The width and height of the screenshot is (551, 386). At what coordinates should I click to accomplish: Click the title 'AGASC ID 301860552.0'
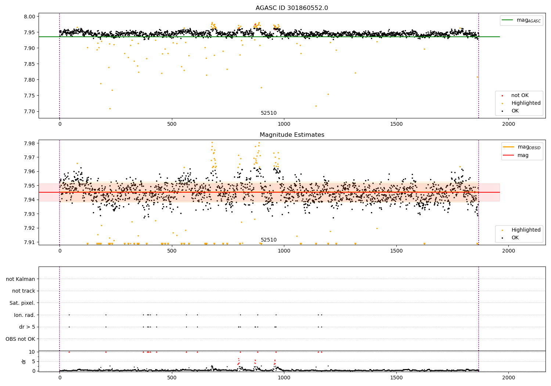click(292, 8)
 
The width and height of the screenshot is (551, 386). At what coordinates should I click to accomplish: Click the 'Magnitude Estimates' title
click(292, 135)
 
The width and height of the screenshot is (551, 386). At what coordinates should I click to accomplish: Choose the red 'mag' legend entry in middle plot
click(523, 156)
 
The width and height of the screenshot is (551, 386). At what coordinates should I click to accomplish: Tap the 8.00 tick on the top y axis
click(30, 17)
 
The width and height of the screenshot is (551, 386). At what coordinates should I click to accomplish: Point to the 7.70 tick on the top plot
click(30, 112)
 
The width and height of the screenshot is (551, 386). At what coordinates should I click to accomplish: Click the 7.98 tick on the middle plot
click(30, 143)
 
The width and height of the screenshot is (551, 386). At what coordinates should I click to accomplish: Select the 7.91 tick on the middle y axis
click(30, 242)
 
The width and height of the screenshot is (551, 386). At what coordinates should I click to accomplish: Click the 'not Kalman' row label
click(21, 279)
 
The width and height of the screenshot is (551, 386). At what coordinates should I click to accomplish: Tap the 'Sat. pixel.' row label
click(22, 303)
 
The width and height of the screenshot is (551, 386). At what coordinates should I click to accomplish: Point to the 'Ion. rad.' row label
click(24, 315)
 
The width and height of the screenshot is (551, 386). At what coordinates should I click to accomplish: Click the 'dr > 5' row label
click(27, 327)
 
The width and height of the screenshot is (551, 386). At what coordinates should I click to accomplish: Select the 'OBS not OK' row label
click(20, 339)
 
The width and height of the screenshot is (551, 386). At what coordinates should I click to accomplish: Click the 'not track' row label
click(24, 291)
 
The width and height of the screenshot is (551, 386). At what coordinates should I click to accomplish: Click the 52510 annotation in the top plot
click(269, 113)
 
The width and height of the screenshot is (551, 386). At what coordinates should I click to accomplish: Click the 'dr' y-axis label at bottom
click(24, 361)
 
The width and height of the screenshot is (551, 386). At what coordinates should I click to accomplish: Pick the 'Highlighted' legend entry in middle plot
click(526, 230)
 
